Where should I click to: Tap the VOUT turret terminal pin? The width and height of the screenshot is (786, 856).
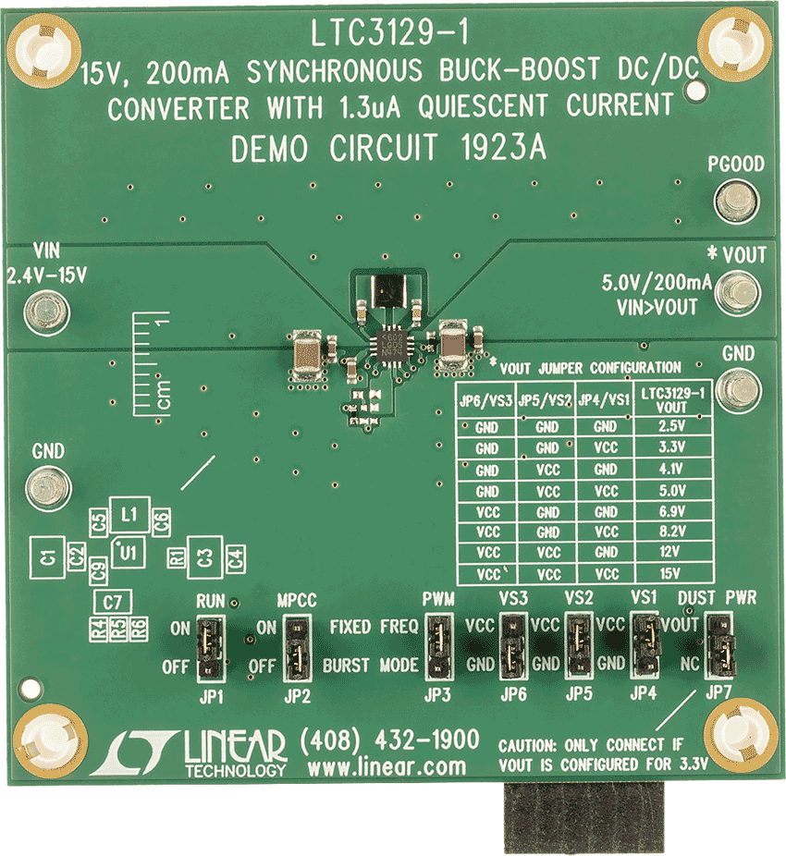(738, 293)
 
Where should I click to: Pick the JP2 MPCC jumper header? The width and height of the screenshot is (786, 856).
(297, 646)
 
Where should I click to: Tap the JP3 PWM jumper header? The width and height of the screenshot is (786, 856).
(438, 646)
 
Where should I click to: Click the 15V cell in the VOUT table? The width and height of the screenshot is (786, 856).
(677, 574)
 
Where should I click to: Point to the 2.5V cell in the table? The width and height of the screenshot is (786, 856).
(677, 427)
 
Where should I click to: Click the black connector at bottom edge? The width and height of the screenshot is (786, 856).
(582, 817)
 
